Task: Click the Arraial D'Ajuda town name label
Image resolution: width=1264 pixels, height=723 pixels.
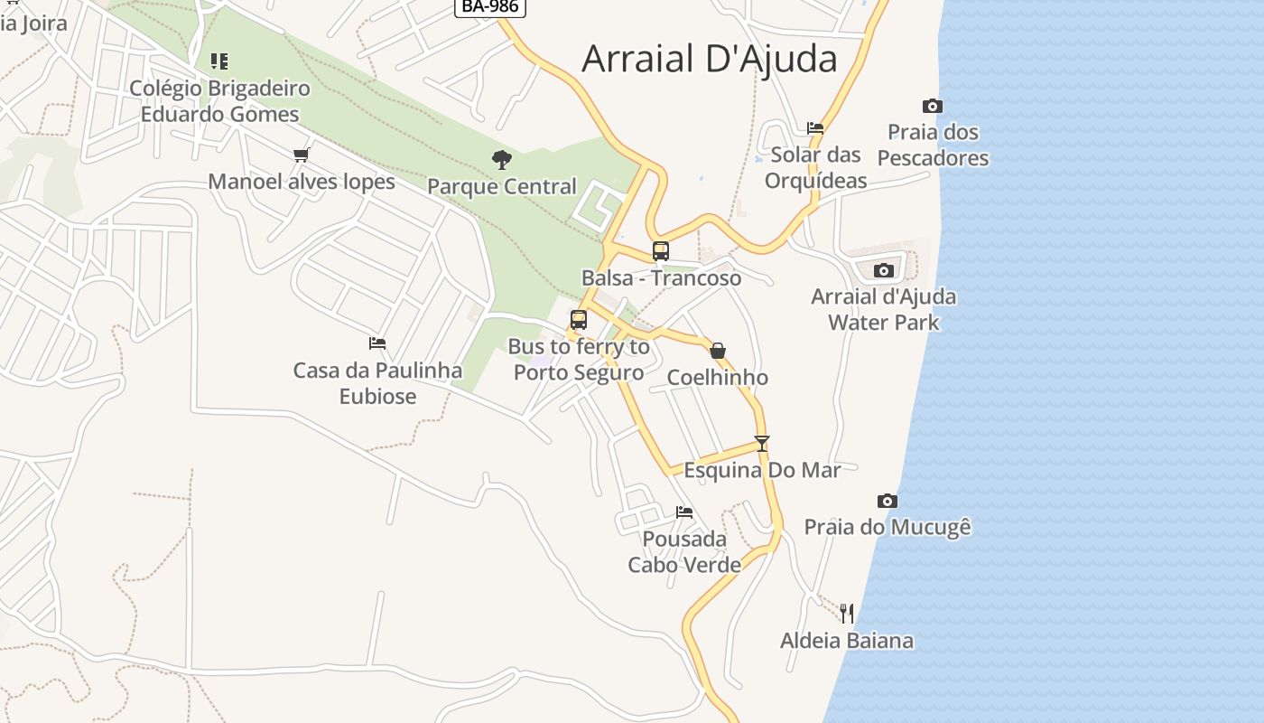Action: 710,59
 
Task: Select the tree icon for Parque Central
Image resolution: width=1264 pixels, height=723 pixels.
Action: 502,160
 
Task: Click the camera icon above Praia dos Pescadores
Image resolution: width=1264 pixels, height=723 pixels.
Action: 933,107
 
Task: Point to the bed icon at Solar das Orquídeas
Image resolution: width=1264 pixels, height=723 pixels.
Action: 815,128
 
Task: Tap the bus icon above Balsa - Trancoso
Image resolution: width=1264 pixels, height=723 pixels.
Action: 661,251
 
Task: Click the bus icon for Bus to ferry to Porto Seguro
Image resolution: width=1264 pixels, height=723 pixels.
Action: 579,320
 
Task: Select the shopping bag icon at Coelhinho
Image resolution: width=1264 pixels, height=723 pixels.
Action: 718,351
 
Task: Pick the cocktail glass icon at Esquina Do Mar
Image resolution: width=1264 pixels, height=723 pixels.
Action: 762,444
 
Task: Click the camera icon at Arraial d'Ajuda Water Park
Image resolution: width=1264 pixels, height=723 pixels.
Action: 884,271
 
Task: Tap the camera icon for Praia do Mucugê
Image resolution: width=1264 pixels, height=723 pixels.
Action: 888,502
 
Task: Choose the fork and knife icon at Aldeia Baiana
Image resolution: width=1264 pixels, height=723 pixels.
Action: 847,614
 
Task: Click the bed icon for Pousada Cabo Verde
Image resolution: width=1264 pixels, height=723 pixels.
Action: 684,512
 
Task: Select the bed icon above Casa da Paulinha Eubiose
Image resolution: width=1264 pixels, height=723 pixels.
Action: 377,343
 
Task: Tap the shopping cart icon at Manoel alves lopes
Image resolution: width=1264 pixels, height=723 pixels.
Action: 302,155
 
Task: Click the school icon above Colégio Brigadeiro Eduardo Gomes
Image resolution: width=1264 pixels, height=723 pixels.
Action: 219,61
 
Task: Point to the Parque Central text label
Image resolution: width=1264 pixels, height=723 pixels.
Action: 502,186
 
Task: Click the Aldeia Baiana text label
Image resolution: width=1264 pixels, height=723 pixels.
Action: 847,641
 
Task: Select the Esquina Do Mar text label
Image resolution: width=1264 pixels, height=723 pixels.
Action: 762,470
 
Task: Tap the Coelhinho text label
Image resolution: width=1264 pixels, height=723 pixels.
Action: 718,378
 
